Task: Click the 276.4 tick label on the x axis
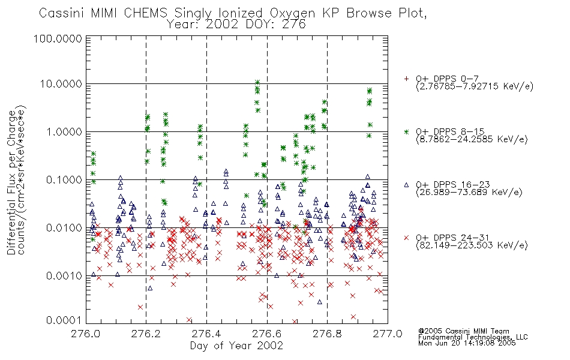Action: (x=206, y=334)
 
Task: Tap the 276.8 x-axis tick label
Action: (x=327, y=334)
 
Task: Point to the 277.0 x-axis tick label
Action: (x=388, y=334)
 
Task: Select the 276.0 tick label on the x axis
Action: (x=86, y=334)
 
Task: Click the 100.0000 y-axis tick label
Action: (x=58, y=38)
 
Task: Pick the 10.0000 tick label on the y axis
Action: (x=61, y=84)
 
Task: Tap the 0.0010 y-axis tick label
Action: (x=64, y=276)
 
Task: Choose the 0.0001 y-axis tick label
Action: (x=64, y=320)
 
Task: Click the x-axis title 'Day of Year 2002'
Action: (x=236, y=346)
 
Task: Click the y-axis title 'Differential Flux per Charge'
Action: (x=11, y=182)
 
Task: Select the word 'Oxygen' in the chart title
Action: (x=292, y=13)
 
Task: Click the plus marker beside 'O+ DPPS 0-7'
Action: (x=406, y=79)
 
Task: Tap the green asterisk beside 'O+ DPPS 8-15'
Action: (x=406, y=131)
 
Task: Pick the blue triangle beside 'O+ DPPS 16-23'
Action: (x=406, y=185)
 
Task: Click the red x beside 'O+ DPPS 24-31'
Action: (x=406, y=238)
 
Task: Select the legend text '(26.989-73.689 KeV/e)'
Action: (x=469, y=193)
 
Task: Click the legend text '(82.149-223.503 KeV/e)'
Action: (x=472, y=245)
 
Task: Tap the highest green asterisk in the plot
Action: (x=257, y=83)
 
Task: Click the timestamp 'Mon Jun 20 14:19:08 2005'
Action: (x=467, y=343)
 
